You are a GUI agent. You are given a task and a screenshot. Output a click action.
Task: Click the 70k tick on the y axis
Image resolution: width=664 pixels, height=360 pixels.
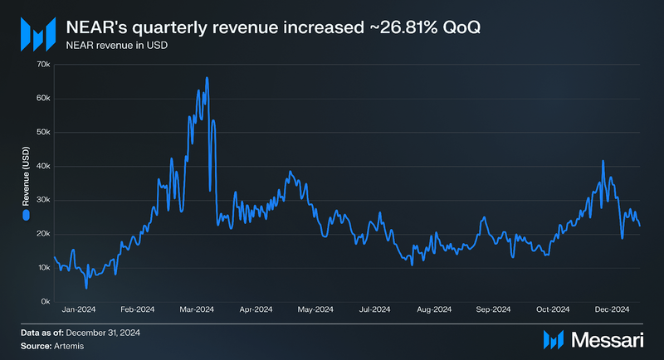coord(43,64)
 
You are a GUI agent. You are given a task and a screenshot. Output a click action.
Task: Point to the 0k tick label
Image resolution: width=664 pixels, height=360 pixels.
coord(46,301)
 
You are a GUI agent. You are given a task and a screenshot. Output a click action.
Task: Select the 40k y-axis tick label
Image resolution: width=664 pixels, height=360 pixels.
coord(43,166)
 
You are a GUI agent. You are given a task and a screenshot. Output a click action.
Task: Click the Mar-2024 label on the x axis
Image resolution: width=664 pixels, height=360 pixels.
coord(197,310)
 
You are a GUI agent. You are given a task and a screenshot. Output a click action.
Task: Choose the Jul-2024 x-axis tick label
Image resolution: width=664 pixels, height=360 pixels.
coord(374,310)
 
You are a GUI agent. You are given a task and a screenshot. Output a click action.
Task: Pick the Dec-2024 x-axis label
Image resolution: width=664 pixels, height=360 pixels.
coord(612,310)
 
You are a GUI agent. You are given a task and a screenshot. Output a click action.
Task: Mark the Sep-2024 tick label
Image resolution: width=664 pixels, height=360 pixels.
coord(493,310)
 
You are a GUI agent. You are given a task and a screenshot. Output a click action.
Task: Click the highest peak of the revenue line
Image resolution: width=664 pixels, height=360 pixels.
coord(207,78)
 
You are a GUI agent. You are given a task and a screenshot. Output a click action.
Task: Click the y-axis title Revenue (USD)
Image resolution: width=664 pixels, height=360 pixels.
coord(26,182)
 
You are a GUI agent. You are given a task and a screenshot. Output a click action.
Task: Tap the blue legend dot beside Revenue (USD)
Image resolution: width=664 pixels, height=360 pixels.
coord(26,215)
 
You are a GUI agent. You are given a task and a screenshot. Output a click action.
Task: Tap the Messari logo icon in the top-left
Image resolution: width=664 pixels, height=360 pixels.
coord(37,34)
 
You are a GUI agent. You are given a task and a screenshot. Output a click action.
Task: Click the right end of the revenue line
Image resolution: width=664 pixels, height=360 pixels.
coord(640,225)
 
